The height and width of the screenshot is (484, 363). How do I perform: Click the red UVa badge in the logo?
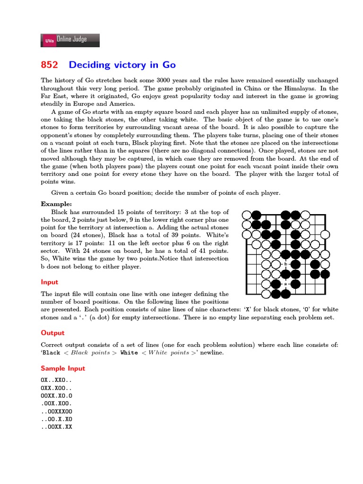coord(49,41)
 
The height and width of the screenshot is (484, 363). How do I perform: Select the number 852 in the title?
coord(50,65)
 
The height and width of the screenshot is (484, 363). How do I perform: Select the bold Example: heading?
coord(56,204)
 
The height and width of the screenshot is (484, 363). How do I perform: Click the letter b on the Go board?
coord(286,264)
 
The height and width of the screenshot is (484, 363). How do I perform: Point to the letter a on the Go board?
coord(286,284)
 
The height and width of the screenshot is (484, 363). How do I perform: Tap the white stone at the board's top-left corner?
coord(246,215)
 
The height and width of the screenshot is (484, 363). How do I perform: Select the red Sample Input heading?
coord(63,368)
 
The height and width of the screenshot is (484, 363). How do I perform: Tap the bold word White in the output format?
coord(129,353)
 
